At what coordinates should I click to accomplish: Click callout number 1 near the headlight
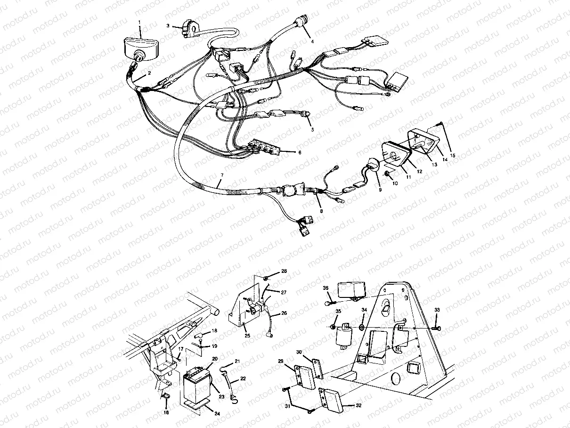coord(139,22)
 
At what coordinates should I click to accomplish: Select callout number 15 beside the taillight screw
coord(453,155)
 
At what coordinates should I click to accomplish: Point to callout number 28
coord(284,271)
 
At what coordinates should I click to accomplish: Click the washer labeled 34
coord(361,327)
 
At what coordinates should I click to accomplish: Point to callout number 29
coord(280,362)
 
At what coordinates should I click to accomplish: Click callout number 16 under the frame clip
coord(165,412)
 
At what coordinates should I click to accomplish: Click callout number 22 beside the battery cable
coord(243,379)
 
